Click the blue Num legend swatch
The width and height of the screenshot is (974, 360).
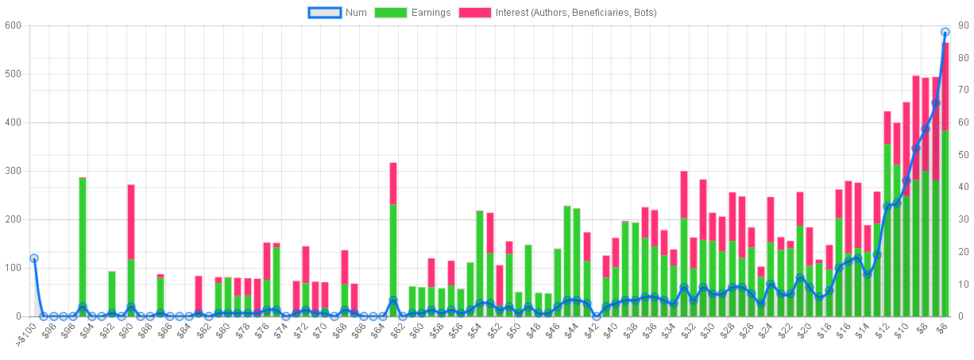[x=324, y=13]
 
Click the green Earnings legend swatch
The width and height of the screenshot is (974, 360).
[x=390, y=13]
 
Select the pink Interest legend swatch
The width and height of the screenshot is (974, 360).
[x=475, y=13]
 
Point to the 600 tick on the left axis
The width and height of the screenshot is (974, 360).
[x=13, y=25]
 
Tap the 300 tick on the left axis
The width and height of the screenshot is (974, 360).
[x=13, y=171]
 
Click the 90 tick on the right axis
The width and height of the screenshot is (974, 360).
[x=964, y=25]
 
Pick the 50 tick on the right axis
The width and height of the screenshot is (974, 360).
[x=964, y=155]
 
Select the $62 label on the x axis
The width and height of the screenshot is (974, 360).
[x=396, y=331]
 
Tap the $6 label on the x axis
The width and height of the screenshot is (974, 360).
[x=941, y=328]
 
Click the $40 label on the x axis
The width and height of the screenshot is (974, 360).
[x=610, y=331]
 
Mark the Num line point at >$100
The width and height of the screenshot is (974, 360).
[x=34, y=258]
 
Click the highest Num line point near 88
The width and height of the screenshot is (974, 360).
[x=945, y=32]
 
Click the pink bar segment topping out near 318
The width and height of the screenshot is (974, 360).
[x=393, y=184]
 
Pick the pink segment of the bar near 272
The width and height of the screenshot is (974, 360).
[x=131, y=222]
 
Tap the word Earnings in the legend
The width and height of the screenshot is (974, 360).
[x=431, y=13]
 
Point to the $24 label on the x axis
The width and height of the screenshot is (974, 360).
[x=765, y=331]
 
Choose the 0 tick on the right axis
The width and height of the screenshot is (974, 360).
[x=961, y=316]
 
